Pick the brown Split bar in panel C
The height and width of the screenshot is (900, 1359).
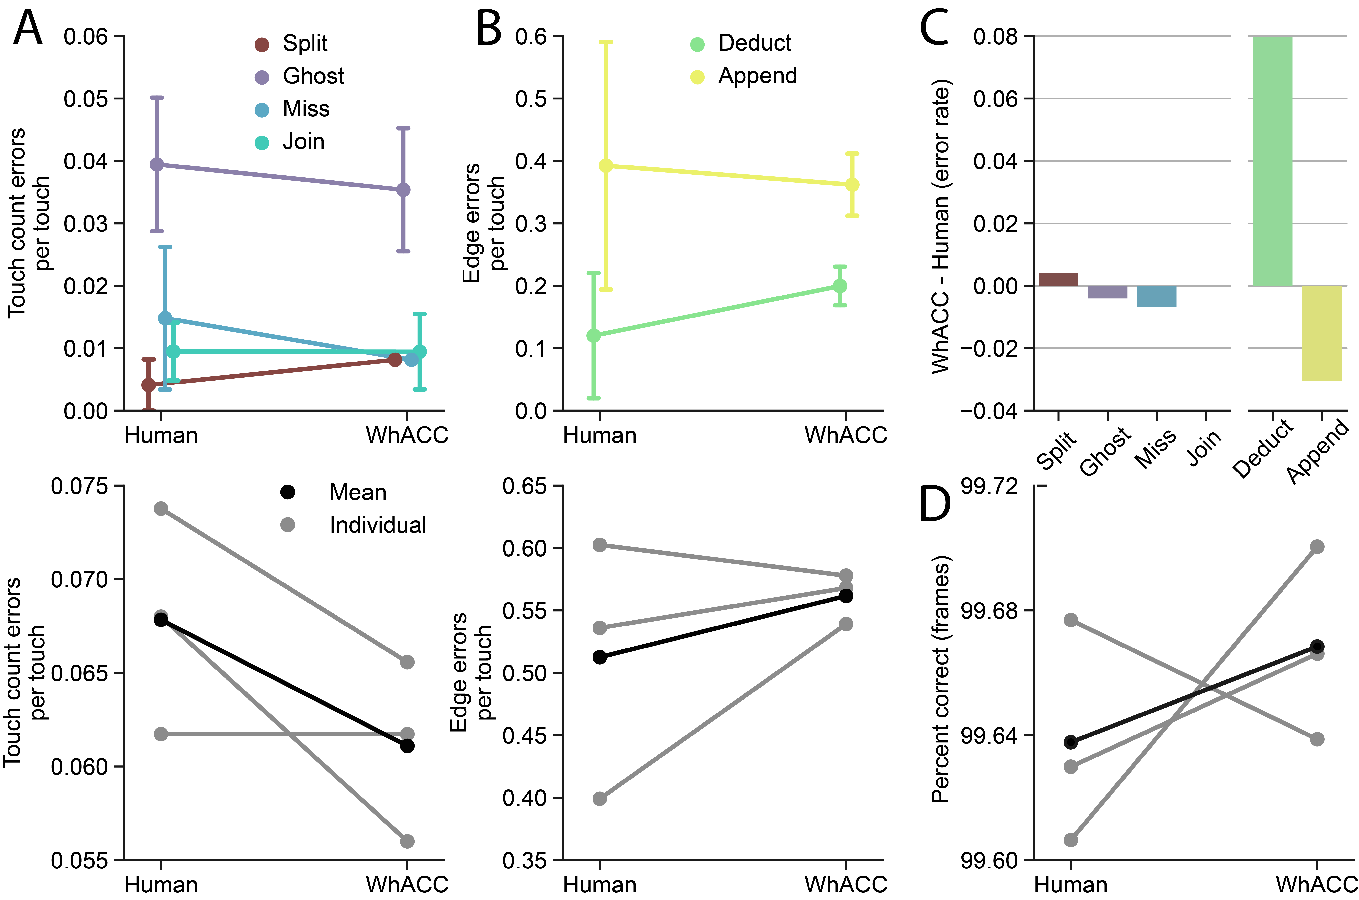pyautogui.click(x=1058, y=279)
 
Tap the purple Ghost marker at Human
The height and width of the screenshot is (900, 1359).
pyautogui.click(x=157, y=165)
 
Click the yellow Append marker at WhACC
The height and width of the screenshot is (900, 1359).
pyautogui.click(x=852, y=185)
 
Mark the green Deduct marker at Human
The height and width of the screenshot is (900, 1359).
pyautogui.click(x=594, y=335)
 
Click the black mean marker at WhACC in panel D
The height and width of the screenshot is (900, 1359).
pyautogui.click(x=1317, y=646)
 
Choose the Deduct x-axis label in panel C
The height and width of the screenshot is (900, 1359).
pyautogui.click(x=1262, y=449)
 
